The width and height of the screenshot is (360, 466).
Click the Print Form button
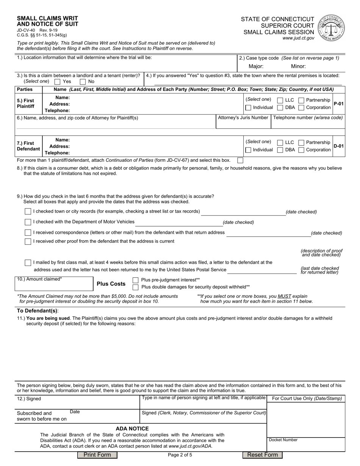coord(97,455)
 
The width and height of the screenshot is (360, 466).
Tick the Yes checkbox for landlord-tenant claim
coord(58,81)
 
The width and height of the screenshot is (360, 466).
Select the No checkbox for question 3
coord(83,81)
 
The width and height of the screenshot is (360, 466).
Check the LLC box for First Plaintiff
coord(280,100)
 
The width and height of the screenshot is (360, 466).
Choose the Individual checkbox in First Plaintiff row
coord(248,108)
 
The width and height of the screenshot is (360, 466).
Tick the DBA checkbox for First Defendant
coord(280,150)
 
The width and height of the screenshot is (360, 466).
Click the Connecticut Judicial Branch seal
coord(332,28)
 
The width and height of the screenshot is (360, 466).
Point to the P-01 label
coord(338,104)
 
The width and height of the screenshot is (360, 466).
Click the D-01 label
coord(338,146)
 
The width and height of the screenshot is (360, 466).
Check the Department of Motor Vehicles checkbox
coord(28,222)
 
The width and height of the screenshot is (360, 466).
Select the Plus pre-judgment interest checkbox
coord(136,280)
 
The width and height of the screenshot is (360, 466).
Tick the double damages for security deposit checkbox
coord(136,287)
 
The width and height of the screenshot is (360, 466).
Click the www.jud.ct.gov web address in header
coord(298,38)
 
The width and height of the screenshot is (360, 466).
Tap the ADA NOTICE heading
coord(132,428)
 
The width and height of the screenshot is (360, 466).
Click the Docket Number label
coord(283,440)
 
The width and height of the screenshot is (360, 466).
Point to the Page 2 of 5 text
coord(180,455)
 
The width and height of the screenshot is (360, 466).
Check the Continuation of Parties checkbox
coord(240,160)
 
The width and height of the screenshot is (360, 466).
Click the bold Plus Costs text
coord(111,284)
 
